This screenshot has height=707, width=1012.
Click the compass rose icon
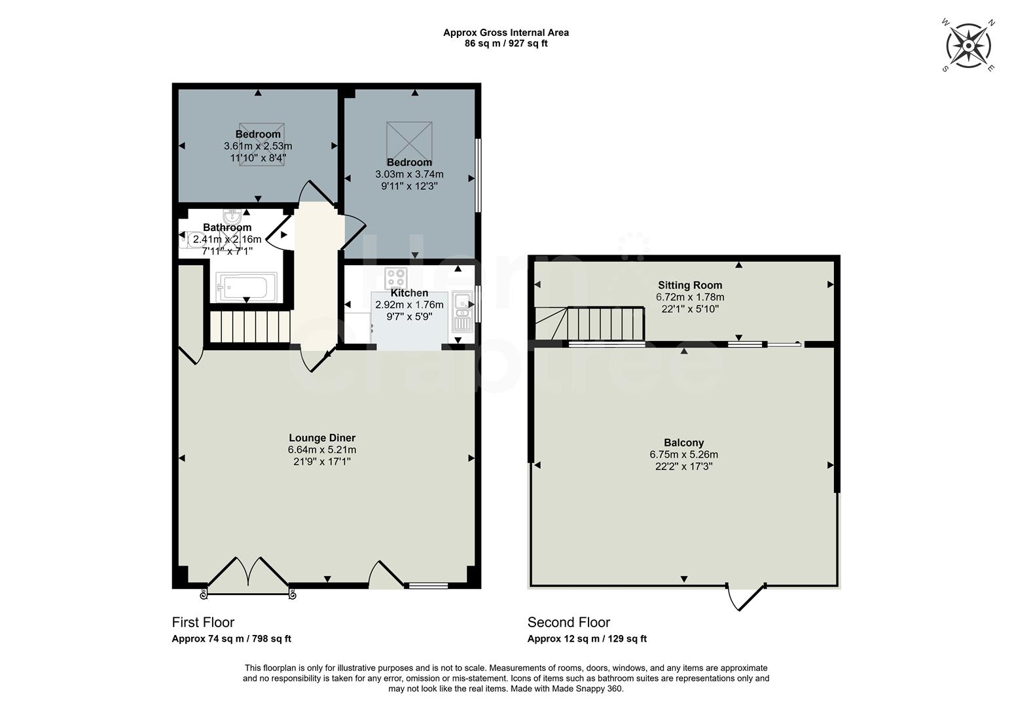(x=969, y=45)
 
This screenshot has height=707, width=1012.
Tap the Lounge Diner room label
(x=322, y=438)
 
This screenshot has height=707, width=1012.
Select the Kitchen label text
(x=409, y=293)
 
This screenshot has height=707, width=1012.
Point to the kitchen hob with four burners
(x=396, y=278)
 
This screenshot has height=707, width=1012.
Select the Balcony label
(x=683, y=443)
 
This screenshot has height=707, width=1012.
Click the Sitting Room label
(x=690, y=285)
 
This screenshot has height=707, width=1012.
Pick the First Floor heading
(x=203, y=623)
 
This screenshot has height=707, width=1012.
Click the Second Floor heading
(x=568, y=623)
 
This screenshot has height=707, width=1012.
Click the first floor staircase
(x=249, y=327)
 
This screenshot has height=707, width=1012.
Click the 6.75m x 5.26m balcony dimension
(x=683, y=455)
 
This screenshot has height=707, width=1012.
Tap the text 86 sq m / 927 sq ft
(x=505, y=44)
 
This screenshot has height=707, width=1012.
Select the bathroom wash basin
(x=232, y=217)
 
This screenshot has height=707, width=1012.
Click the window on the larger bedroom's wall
(x=478, y=175)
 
